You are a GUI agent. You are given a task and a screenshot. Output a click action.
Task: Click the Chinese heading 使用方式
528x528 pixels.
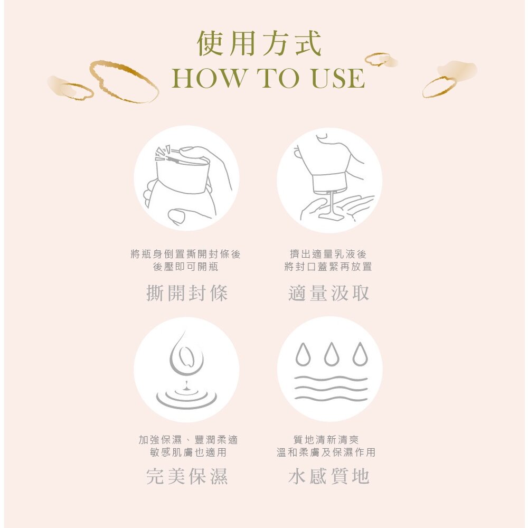259,43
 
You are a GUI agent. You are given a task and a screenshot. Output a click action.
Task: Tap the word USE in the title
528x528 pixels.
338,78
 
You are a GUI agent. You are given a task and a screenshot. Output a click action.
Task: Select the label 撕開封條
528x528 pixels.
187,293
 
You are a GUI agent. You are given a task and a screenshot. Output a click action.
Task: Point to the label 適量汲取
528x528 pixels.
328,293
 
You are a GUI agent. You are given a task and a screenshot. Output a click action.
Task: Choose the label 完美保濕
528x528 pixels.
187,476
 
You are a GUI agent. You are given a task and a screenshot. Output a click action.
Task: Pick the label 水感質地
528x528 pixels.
328,476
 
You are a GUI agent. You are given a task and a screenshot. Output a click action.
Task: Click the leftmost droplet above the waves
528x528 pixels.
303,354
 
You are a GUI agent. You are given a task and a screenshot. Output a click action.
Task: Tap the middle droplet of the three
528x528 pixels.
332,354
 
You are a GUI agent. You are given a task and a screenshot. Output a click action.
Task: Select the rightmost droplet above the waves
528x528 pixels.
360,354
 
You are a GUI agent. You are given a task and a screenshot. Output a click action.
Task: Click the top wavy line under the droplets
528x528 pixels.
331,379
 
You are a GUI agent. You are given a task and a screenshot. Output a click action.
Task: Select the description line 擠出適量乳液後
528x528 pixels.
328,254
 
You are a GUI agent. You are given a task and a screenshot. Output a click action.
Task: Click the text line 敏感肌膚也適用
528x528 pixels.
188,452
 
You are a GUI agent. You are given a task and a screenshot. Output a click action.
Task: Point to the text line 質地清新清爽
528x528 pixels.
326,439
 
